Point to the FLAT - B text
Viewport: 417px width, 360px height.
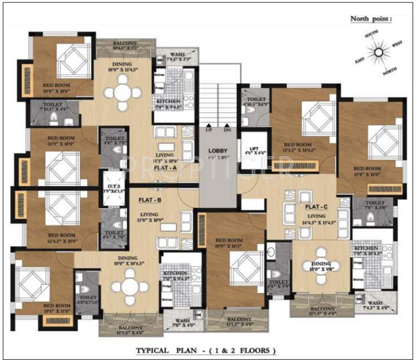(x=150, y=199)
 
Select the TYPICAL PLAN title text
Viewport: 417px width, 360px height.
(x=206, y=350)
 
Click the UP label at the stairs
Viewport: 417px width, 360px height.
(x=208, y=130)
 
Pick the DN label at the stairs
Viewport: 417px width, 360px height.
(x=227, y=130)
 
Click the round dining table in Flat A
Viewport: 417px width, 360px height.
(x=122, y=92)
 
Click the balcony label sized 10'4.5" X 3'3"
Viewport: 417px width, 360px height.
(x=124, y=46)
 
